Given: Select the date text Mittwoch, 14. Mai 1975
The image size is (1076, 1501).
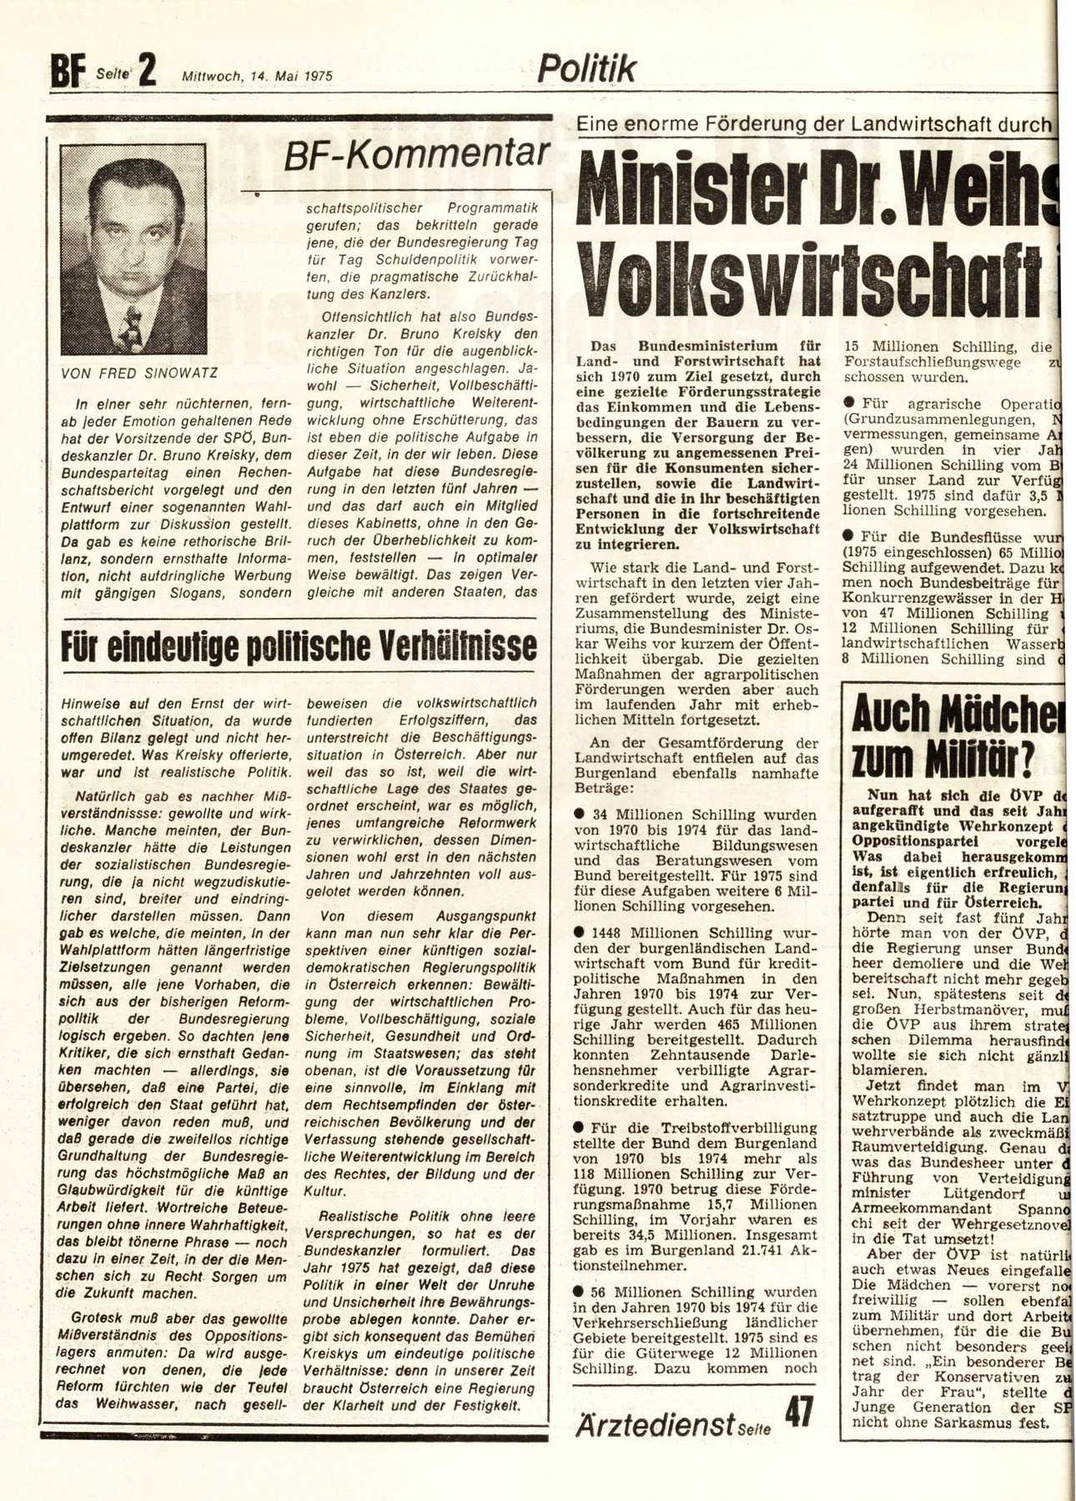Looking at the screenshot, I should click(x=258, y=74).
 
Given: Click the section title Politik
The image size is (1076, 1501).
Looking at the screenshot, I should click(x=586, y=67).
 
